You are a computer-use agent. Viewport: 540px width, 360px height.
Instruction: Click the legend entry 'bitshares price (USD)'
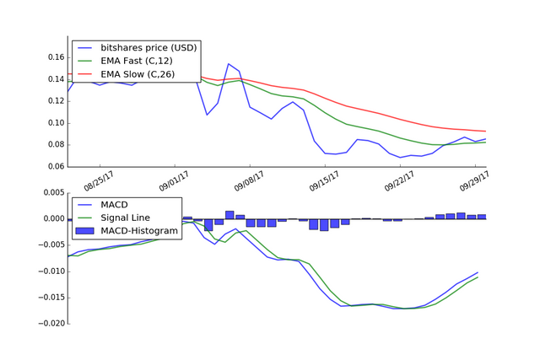pos(148,47)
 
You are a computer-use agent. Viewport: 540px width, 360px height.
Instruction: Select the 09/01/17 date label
pos(174,179)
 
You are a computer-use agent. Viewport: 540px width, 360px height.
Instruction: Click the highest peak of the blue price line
pos(229,64)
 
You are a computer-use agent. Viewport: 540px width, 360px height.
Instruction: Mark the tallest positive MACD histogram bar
pos(229,215)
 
